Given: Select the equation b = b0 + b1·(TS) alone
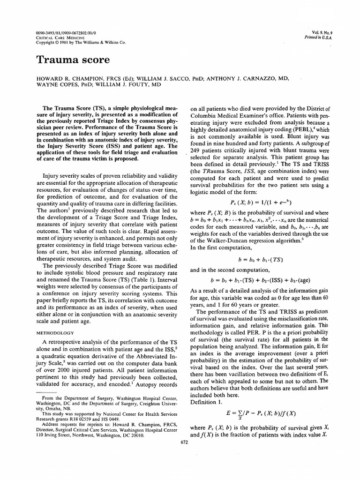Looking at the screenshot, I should click(x=255, y=259).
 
